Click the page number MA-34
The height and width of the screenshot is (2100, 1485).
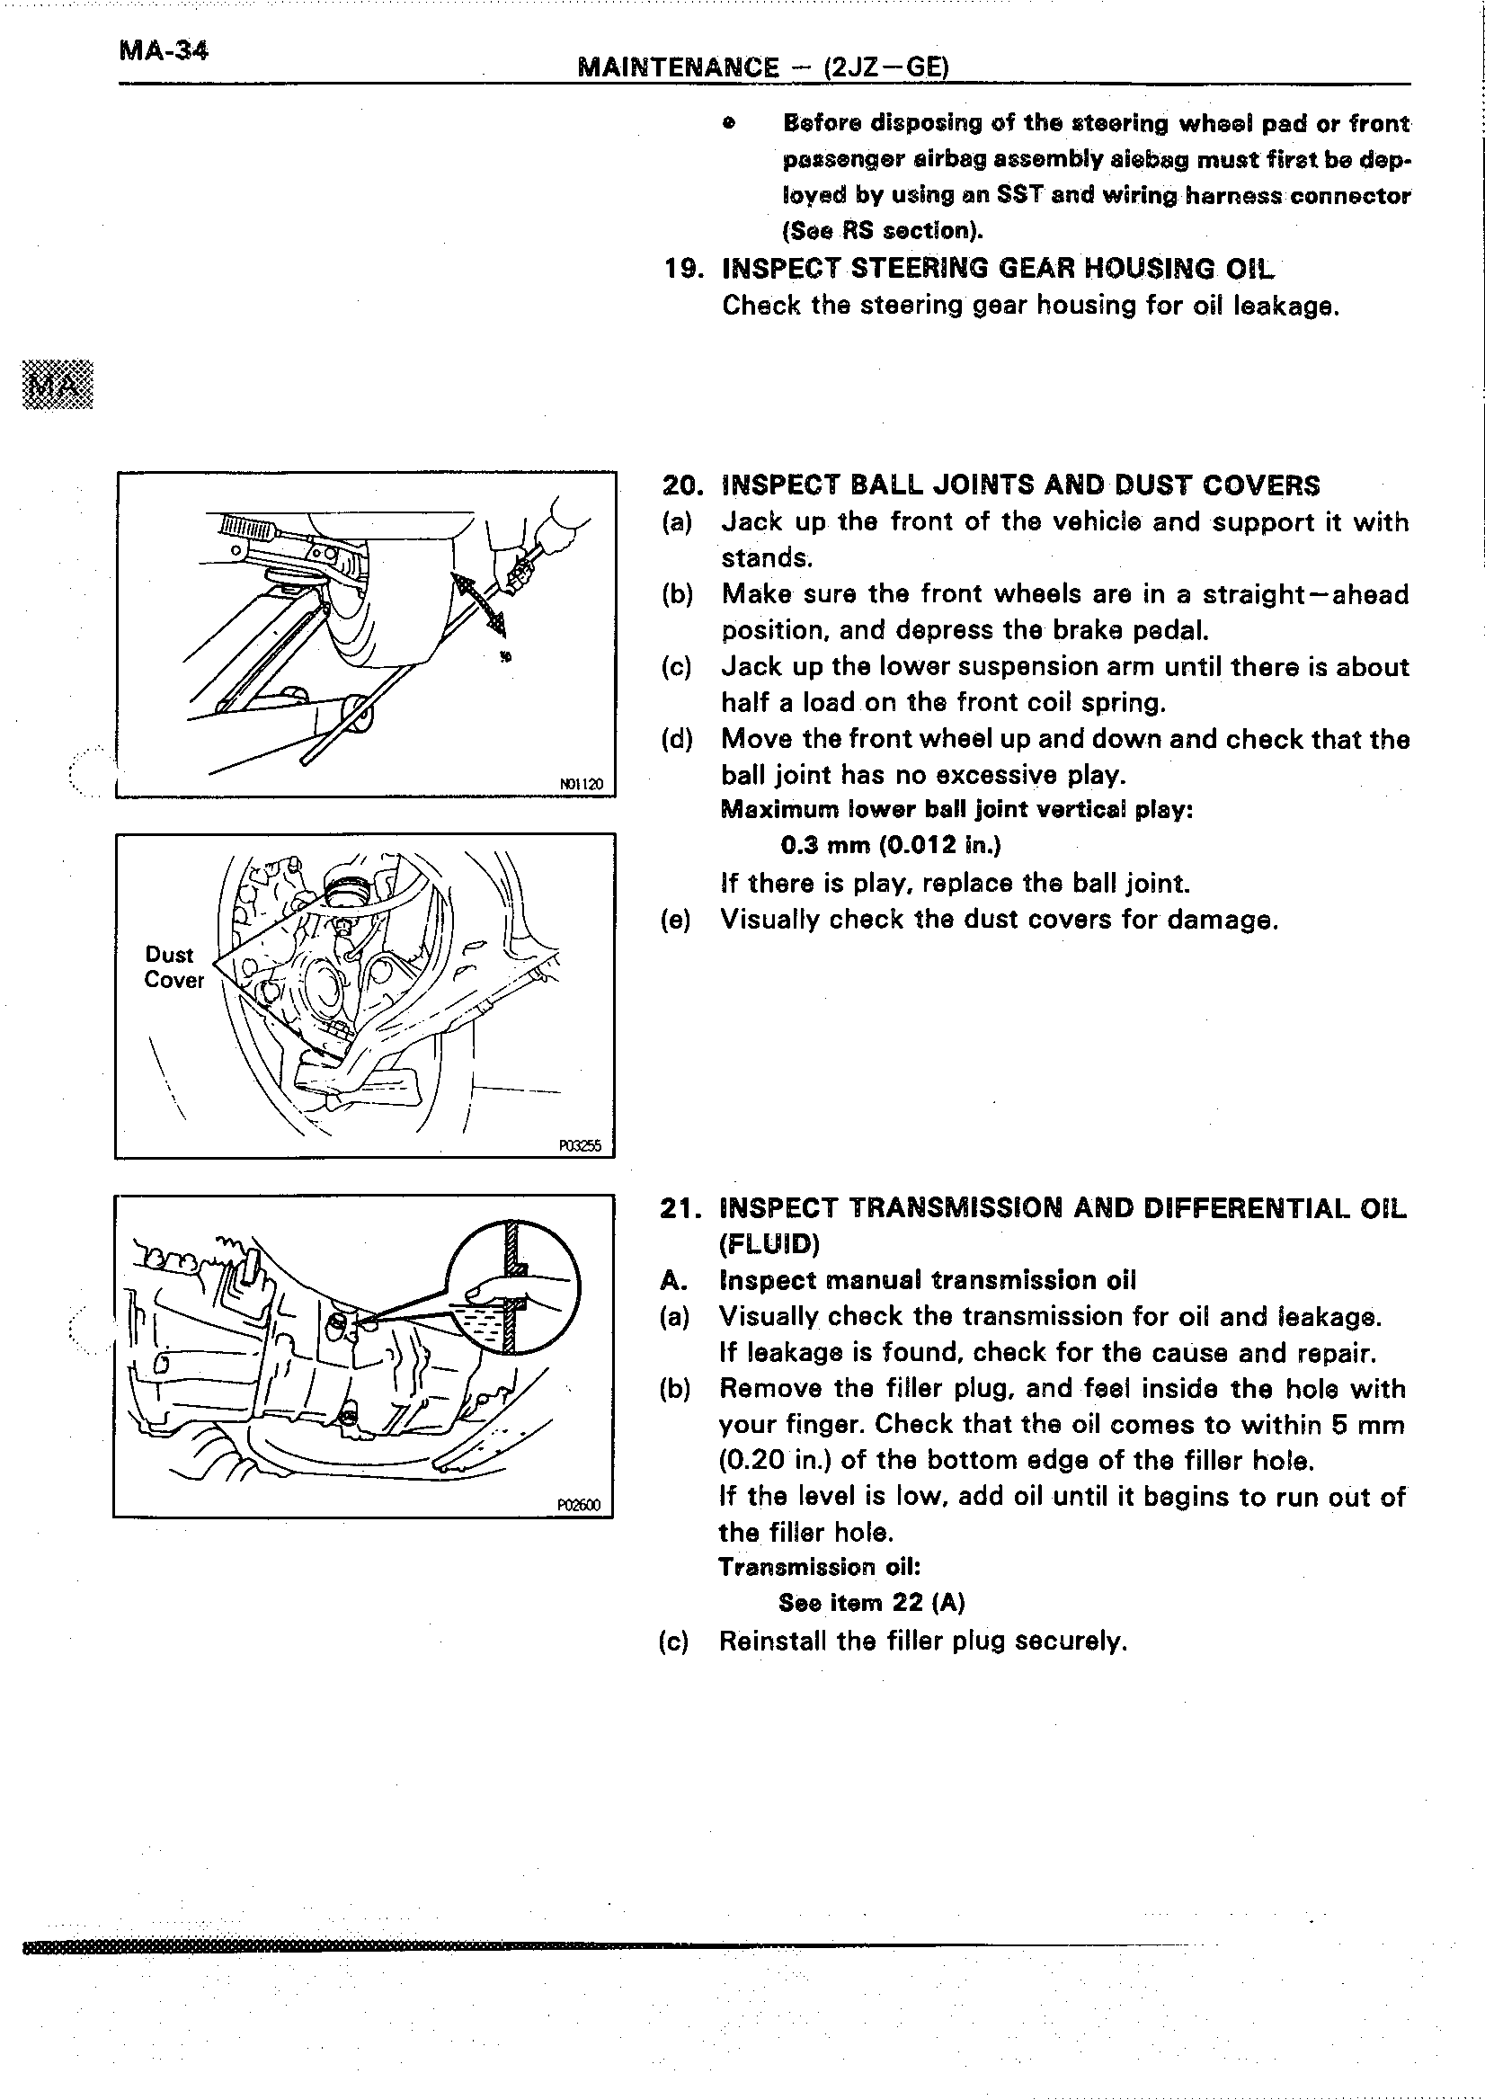(164, 50)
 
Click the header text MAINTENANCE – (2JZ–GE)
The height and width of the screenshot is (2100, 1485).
(763, 67)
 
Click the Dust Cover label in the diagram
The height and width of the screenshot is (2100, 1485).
(173, 966)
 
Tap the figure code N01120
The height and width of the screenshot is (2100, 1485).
(581, 784)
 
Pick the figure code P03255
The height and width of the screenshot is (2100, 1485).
(580, 1145)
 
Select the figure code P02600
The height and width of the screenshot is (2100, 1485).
(579, 1505)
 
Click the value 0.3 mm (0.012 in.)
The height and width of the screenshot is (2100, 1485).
(891, 845)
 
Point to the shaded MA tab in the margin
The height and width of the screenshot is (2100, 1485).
(58, 384)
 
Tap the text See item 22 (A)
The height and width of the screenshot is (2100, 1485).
(871, 1603)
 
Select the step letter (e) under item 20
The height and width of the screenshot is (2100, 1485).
(676, 920)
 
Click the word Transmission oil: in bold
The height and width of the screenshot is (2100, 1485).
(818, 1567)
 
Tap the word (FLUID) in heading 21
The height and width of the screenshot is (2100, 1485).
(769, 1244)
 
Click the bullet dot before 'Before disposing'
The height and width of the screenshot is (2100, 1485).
(728, 123)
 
